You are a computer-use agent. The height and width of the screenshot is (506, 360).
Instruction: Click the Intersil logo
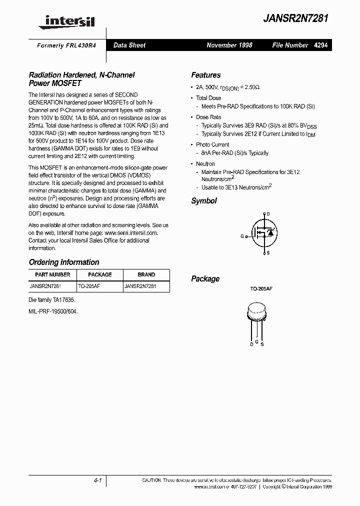pyautogui.click(x=69, y=21)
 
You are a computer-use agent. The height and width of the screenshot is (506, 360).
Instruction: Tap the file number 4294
pyautogui.click(x=321, y=45)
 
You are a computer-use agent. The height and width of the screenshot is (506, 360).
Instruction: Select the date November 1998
pyautogui.click(x=229, y=45)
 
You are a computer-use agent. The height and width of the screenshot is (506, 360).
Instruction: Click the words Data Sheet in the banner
pyautogui.click(x=129, y=45)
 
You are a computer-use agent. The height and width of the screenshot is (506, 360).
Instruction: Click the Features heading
pyautogui.click(x=205, y=75)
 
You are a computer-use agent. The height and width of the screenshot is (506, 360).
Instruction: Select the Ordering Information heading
pyautogui.click(x=64, y=262)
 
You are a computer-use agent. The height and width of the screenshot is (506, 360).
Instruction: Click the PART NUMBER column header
pyautogui.click(x=52, y=274)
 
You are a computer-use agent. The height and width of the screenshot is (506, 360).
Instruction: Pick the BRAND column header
pyautogui.click(x=146, y=274)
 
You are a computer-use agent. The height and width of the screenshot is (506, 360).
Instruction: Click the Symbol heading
pyautogui.click(x=204, y=200)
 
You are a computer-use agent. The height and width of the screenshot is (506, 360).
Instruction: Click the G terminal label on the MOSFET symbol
pyautogui.click(x=242, y=235)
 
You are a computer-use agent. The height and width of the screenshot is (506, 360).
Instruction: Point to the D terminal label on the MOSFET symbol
pyautogui.click(x=268, y=214)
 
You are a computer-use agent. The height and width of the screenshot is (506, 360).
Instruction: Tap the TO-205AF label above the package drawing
pyautogui.click(x=261, y=289)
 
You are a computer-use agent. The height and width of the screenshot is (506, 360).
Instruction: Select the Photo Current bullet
pyautogui.click(x=212, y=144)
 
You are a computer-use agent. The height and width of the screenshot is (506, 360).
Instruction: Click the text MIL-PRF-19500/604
pyautogui.click(x=53, y=310)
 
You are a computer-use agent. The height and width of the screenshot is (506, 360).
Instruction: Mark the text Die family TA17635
pyautogui.click(x=52, y=300)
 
